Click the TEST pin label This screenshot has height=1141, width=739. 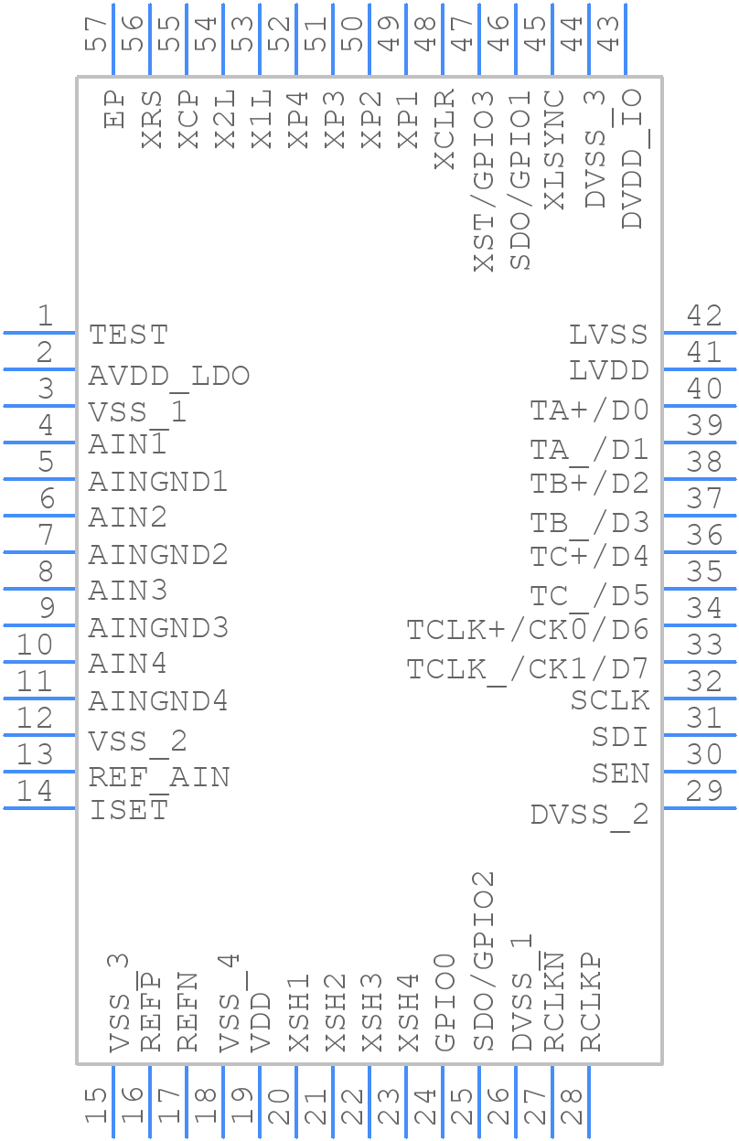[128, 335]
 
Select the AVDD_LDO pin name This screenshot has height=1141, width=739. [168, 376]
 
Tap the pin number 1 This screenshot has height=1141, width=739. [45, 316]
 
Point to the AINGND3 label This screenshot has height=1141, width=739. [158, 628]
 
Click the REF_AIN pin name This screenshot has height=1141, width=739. [158, 777]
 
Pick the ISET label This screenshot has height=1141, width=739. [128, 810]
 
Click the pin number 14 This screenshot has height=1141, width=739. [35, 792]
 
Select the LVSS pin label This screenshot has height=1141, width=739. [608, 335]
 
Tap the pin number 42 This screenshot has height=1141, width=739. [704, 316]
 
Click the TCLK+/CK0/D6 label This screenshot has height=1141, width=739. [528, 630]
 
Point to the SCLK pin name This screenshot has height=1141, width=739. [610, 700]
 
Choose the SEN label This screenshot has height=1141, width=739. [620, 773]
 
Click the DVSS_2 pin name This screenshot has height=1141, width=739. [589, 814]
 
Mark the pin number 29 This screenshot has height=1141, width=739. [704, 792]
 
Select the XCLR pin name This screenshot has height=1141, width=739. [444, 129]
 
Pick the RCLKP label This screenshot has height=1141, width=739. [591, 1002]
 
